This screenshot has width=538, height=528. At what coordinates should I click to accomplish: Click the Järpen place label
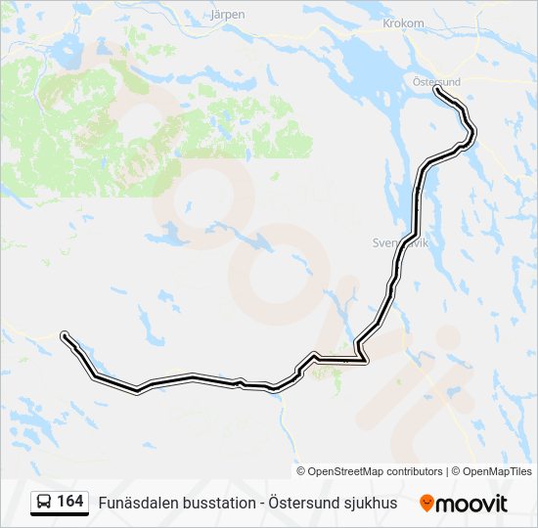(228, 15)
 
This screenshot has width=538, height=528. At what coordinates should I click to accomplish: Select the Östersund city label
(436, 82)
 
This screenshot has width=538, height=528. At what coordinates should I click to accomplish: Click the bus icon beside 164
(44, 503)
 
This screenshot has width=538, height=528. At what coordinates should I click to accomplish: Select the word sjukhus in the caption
(372, 504)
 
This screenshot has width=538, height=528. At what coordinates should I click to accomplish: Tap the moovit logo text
(471, 504)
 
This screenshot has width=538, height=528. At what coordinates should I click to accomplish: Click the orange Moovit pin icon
(426, 504)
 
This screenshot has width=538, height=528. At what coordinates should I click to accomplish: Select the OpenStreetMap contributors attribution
(376, 471)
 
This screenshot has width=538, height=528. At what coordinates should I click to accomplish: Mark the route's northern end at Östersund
(436, 90)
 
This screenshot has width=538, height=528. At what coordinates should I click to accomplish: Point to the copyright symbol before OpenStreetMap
(301, 471)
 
